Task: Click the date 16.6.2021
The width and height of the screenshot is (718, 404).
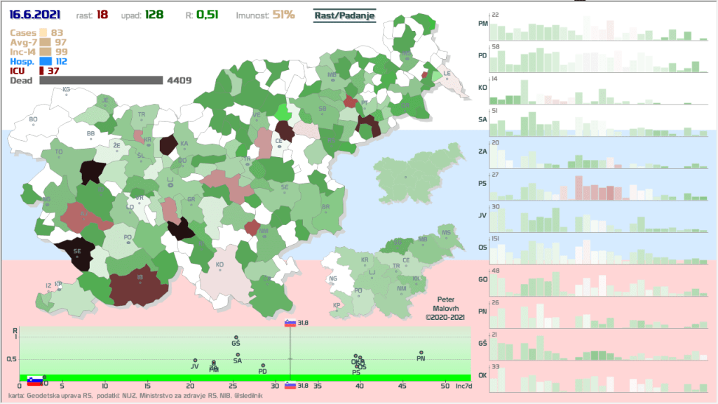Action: coord(34,14)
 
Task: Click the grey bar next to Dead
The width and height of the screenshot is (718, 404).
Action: coord(101,81)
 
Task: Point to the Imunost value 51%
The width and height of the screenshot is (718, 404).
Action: coord(283,14)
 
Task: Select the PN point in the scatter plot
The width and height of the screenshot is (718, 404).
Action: coord(421,353)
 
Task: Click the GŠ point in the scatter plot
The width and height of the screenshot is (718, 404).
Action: coord(236,337)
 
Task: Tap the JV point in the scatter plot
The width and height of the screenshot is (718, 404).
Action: coord(195,361)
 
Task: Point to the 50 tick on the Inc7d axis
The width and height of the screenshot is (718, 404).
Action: coord(445,386)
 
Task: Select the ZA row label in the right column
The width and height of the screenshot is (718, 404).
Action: coord(482,151)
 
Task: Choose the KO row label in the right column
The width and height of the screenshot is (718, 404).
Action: coord(482,88)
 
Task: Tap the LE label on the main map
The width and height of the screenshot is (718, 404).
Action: coord(447,73)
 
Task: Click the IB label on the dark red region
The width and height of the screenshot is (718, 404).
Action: coord(140,278)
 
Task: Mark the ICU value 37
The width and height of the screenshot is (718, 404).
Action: coord(53,71)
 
